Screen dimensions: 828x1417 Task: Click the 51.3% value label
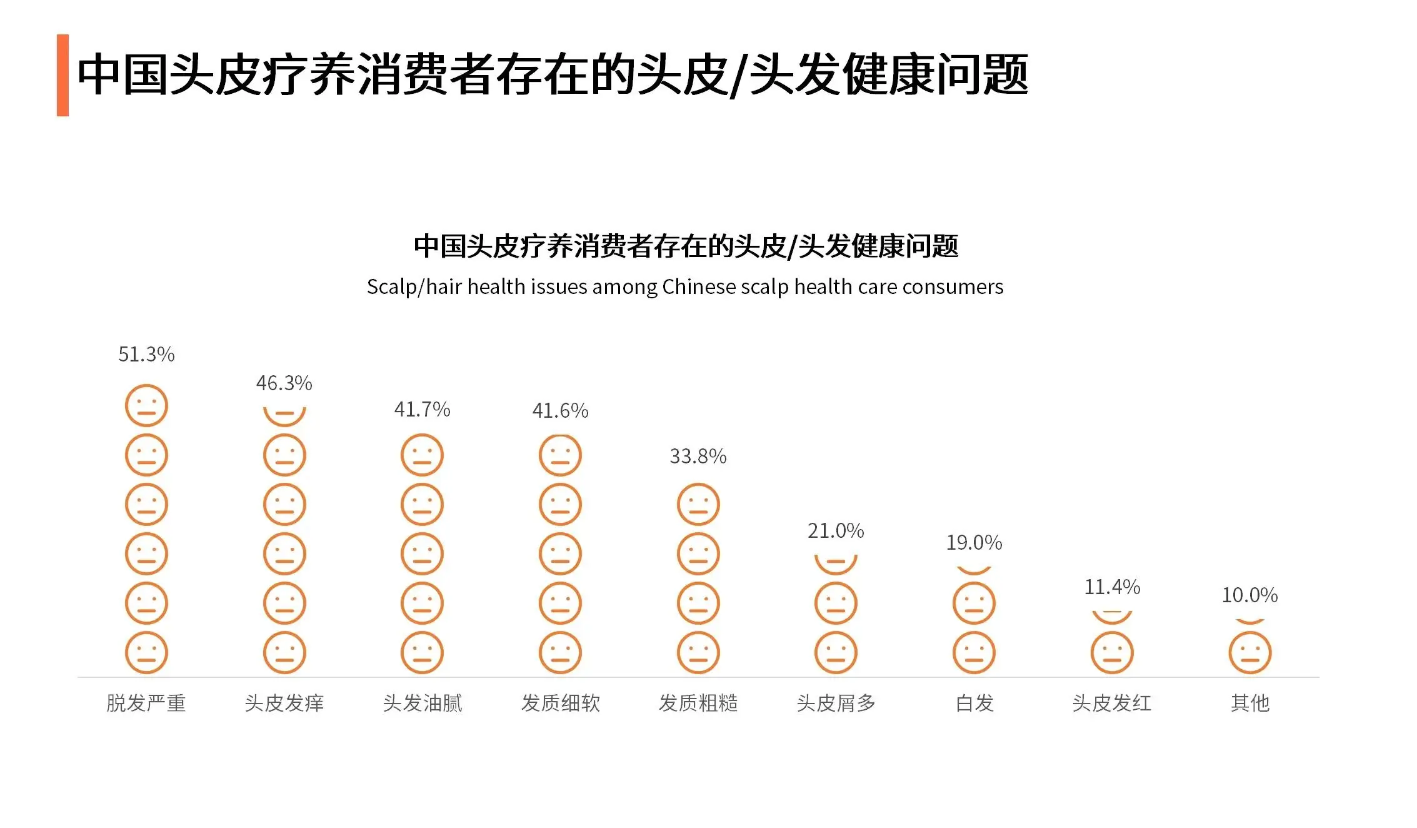pos(146,355)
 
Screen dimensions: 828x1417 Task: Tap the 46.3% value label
pos(284,383)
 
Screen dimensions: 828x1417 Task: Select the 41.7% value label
pos(422,410)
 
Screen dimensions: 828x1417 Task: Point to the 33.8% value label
pos(698,457)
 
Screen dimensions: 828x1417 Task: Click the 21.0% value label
pos(836,531)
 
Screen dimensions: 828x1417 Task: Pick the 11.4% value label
pos(1112,587)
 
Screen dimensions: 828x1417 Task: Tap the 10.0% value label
pos(1249,595)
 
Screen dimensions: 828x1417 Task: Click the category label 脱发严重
pos(146,704)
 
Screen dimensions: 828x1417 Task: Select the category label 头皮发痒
pos(284,704)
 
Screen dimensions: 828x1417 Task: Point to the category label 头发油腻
pos(423,704)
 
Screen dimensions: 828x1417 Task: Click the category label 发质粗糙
pos(698,704)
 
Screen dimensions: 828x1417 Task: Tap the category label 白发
pos(974,704)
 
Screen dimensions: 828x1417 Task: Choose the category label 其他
pos(1250,704)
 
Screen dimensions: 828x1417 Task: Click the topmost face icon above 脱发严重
pos(146,405)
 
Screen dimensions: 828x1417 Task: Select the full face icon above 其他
pos(1250,653)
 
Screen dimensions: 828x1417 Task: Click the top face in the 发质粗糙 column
pos(698,504)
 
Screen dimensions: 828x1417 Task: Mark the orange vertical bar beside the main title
pos(63,75)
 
